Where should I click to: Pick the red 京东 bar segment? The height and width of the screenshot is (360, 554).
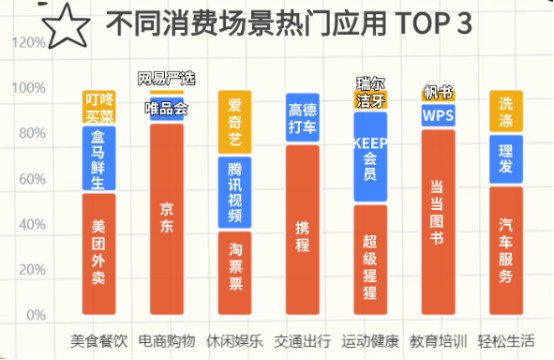click(166, 218)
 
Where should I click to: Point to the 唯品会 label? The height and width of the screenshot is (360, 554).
click(166, 109)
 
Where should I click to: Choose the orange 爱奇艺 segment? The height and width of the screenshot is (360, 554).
click(235, 122)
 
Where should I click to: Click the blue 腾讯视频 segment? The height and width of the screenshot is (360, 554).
click(235, 191)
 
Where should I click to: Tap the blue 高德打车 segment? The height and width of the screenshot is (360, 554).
click(302, 118)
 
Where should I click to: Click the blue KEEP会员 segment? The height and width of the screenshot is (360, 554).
click(370, 158)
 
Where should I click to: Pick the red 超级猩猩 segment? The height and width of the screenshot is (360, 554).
click(370, 259)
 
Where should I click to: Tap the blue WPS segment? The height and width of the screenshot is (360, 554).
click(438, 115)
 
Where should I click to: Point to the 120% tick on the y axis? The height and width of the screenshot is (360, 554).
click(29, 43)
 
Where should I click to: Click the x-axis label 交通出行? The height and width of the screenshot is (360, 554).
click(302, 341)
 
